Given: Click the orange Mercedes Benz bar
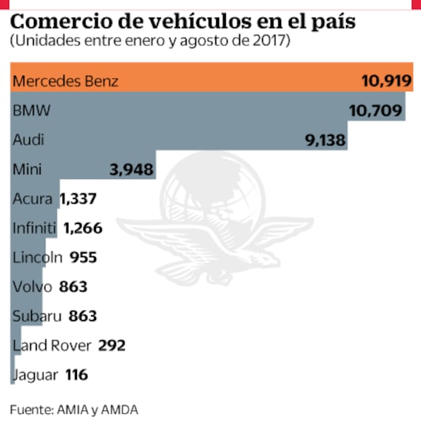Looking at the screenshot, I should pyautogui.click(x=212, y=81).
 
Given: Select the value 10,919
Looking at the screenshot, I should pyautogui.click(x=385, y=81).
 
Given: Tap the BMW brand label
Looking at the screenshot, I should pyautogui.click(x=32, y=110).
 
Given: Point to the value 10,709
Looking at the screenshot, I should pyautogui.click(x=376, y=110).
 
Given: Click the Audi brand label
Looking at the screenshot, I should pyautogui.click(x=29, y=140).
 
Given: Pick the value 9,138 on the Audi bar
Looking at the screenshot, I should pyautogui.click(x=325, y=140).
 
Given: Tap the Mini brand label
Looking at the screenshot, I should pyautogui.click(x=28, y=170).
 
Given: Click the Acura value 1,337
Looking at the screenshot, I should pyautogui.click(x=78, y=199).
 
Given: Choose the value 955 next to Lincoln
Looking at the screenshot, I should pyautogui.click(x=83, y=258).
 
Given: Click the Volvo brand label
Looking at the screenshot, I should pyautogui.click(x=30, y=287).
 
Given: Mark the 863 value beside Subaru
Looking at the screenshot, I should pyautogui.click(x=83, y=316).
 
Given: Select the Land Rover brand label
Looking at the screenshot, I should pyautogui.click(x=52, y=345).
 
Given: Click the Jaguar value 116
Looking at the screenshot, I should pyautogui.click(x=76, y=375).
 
